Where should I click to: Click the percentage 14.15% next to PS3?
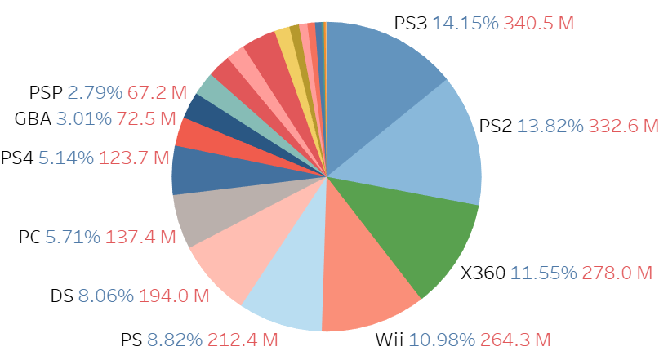pyautogui.click(x=465, y=23)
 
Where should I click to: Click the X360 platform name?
pyautogui.click(x=483, y=273)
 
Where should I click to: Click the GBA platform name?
pyautogui.click(x=33, y=119)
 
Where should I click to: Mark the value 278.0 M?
pyautogui.click(x=618, y=273)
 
